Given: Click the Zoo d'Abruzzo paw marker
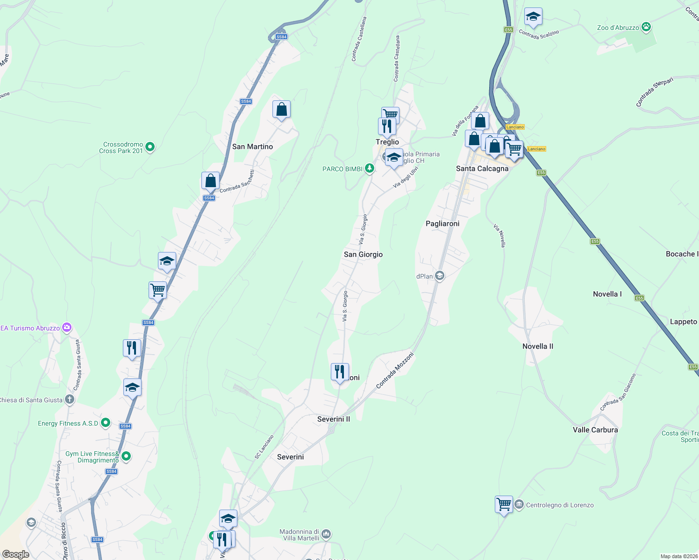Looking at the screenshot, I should [x=646, y=27].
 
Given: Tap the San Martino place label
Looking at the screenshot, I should [x=252, y=147].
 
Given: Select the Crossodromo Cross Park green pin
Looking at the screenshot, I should [x=150, y=147].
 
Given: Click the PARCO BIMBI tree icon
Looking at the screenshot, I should [x=370, y=168].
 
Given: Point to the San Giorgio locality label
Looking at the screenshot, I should [x=363, y=254].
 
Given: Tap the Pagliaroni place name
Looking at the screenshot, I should [x=442, y=224].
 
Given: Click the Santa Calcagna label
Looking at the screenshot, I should [x=482, y=168].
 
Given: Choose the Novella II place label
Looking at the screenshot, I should [x=537, y=346].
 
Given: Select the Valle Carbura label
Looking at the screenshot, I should [x=595, y=430].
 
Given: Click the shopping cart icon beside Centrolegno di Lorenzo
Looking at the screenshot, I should [x=504, y=504].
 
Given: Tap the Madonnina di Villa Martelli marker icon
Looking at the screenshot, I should [x=326, y=533].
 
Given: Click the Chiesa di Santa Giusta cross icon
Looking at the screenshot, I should [x=70, y=399].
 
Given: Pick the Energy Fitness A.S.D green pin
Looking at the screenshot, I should [x=106, y=423].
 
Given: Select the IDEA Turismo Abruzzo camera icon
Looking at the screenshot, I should [x=67, y=328].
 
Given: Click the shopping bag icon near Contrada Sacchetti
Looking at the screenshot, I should [x=210, y=181].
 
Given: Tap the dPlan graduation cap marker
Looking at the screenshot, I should [x=439, y=276].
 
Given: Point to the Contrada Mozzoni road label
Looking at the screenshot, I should [x=395, y=371].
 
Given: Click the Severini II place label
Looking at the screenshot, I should [x=333, y=419].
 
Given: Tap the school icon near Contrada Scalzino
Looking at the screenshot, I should [x=533, y=17].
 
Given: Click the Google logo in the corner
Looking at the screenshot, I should [x=16, y=554].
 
